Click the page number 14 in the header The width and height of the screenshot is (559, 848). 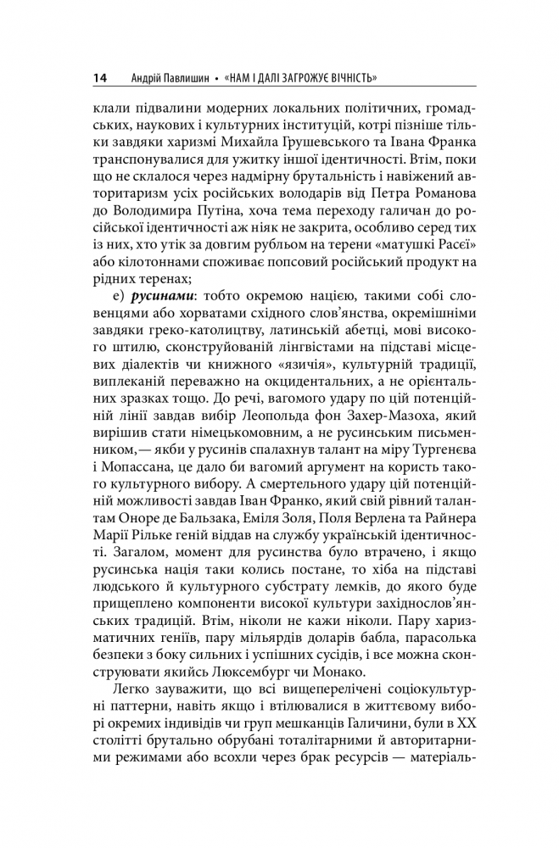(99, 79)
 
